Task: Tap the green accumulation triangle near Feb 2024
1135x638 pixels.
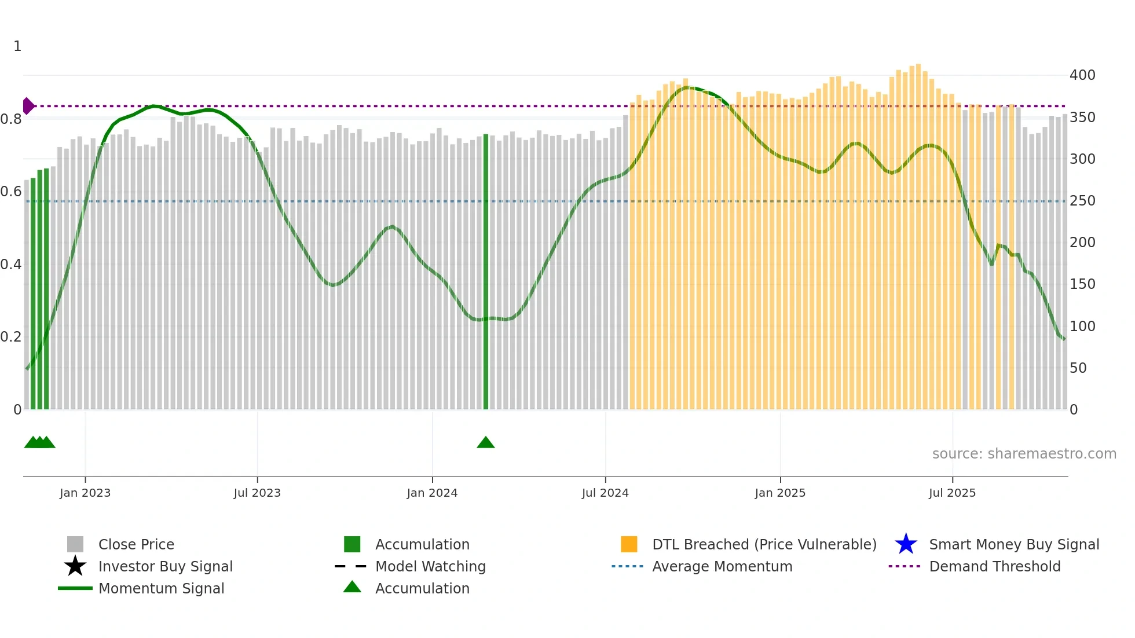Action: coord(486,443)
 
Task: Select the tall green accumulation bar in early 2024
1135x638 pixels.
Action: coord(486,272)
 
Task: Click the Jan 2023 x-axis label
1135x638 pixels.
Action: coord(85,493)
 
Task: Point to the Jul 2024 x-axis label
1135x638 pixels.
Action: coord(605,493)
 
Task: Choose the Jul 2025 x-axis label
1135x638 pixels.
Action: coord(952,493)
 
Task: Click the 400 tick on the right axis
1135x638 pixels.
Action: coord(1082,75)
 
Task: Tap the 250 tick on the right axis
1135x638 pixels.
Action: coord(1082,201)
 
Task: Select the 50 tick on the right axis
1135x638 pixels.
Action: coord(1078,368)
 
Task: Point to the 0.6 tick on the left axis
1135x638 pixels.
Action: coord(11,192)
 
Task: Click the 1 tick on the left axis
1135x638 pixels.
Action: coord(17,46)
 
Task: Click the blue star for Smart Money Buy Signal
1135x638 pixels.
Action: coord(906,544)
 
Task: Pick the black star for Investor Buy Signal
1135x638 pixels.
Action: coord(75,566)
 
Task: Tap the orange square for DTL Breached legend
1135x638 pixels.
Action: coord(629,544)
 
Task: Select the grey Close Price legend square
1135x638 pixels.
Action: coord(75,544)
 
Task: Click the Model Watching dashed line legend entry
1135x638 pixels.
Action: coord(351,566)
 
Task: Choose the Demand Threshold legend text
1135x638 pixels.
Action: coord(995,566)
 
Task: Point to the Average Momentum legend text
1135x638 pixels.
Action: coord(722,566)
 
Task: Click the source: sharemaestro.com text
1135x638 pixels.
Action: coord(1024,454)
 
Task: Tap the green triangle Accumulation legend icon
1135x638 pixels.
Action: coord(352,587)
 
